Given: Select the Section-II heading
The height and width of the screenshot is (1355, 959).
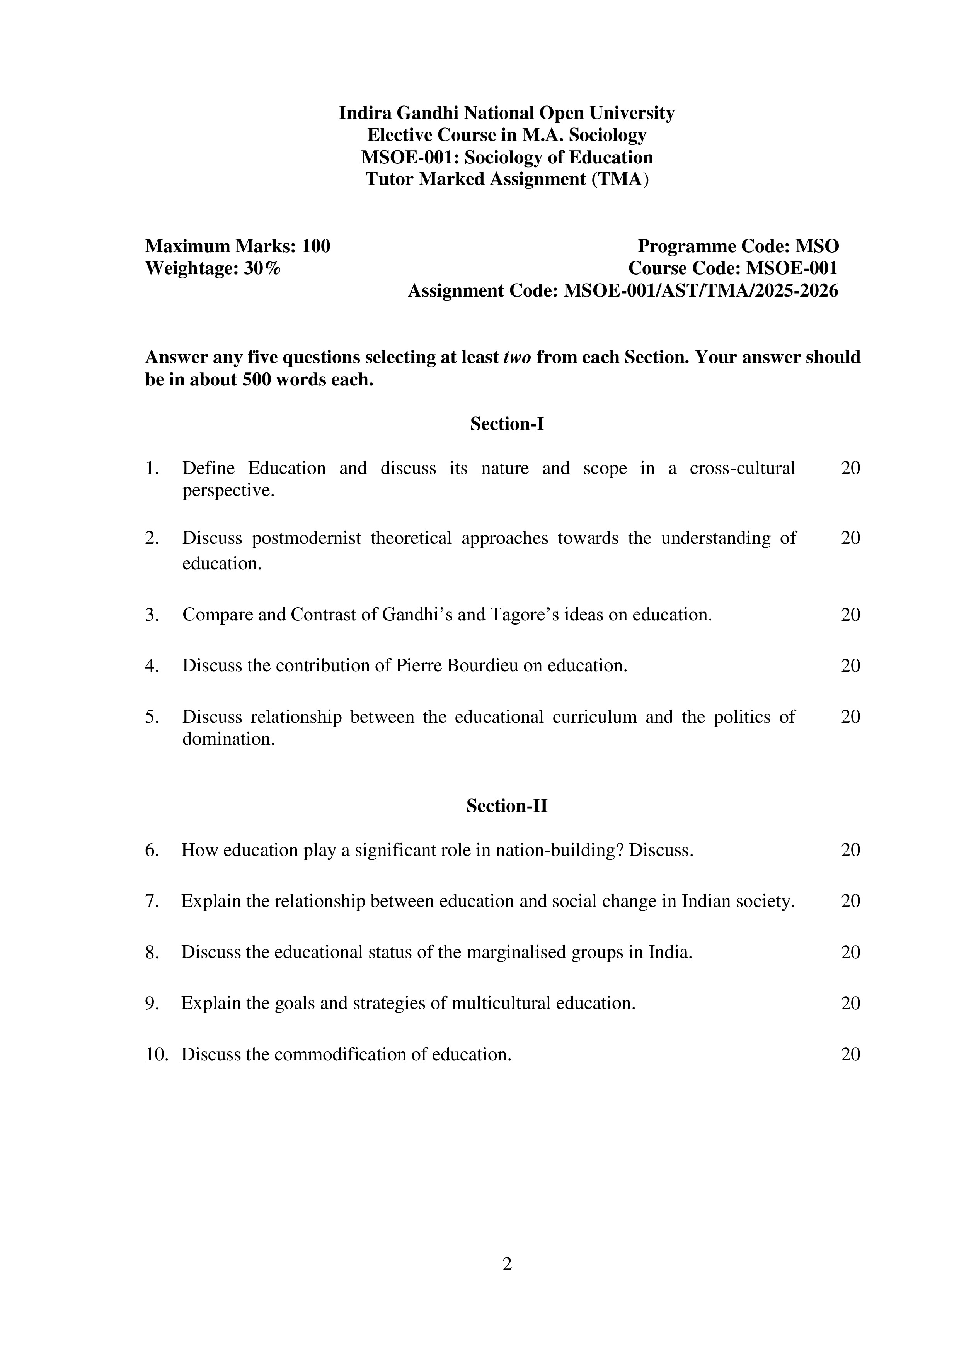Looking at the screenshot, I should [x=507, y=806].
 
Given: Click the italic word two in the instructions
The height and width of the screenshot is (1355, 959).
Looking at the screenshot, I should [x=517, y=357].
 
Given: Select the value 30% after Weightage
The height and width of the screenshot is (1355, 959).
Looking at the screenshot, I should [x=262, y=268].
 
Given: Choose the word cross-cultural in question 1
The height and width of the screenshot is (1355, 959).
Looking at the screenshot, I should [x=742, y=468].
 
